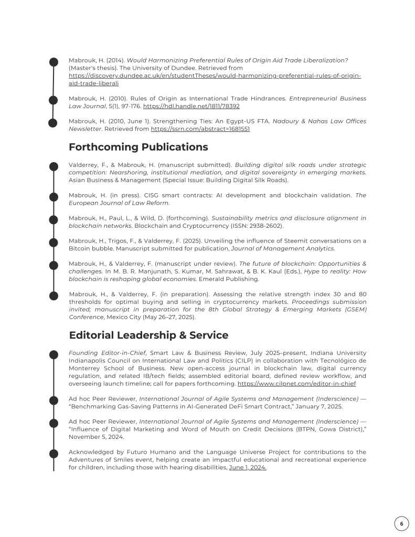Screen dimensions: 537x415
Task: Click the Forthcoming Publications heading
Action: coord(139,147)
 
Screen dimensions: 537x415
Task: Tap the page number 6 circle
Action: coord(401,523)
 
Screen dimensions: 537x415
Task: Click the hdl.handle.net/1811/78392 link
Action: coord(191,106)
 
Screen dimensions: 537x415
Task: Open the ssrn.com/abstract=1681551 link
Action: coord(200,129)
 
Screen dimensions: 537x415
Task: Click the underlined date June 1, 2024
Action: coord(248,467)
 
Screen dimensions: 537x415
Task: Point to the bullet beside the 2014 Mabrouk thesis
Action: coord(54,62)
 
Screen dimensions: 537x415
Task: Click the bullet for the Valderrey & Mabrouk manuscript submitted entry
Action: coord(54,166)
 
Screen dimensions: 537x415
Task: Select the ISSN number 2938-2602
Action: coord(264,226)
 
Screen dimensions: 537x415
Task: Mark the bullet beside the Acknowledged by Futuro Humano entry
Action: coord(54,453)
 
